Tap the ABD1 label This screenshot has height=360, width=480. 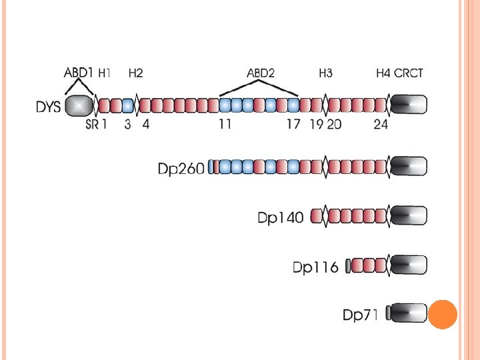point(79,73)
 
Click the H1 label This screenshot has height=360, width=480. point(105,73)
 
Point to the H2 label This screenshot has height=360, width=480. point(135,73)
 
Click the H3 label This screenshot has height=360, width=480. point(325,73)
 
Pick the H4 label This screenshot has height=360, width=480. point(383,73)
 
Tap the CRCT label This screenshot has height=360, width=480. point(409,73)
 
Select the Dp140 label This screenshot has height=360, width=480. point(281,217)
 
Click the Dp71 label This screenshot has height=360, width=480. point(361,315)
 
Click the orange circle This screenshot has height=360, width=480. point(441,314)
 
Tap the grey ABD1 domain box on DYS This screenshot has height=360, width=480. point(79,105)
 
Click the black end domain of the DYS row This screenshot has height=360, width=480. point(409,105)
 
